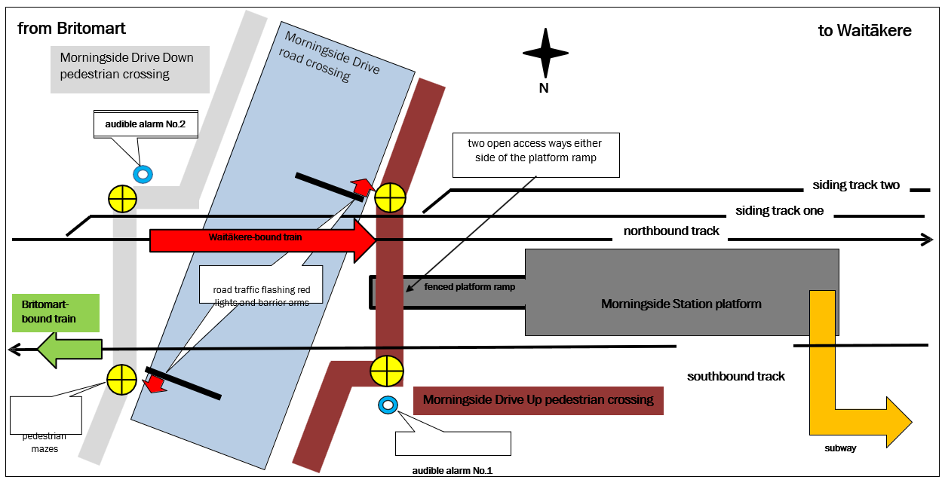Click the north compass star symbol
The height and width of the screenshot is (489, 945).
(545, 53)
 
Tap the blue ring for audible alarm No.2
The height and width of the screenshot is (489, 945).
(143, 174)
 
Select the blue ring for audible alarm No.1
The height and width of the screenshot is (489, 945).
(388, 405)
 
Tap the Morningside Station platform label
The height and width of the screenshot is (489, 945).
(681, 304)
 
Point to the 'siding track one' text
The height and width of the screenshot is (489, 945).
(779, 211)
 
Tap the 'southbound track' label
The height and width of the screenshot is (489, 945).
(735, 376)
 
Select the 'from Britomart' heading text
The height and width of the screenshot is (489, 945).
(72, 29)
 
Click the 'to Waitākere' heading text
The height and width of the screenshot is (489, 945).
(864, 31)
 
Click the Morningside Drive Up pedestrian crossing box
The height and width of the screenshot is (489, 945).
(538, 400)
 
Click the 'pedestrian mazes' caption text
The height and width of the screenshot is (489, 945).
(44, 442)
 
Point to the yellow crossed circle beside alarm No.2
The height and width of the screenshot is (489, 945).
(121, 199)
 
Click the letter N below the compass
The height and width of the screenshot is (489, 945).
(543, 88)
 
